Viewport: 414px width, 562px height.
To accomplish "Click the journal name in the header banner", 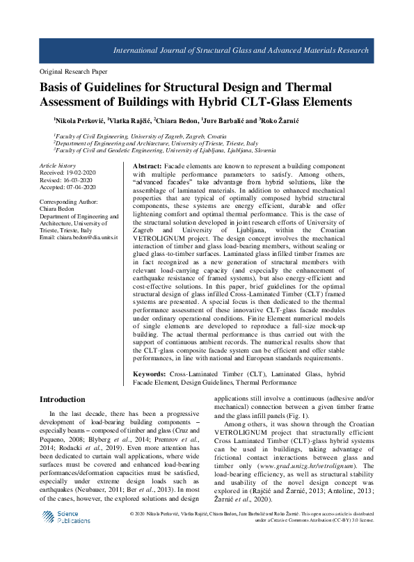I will coord(255,51).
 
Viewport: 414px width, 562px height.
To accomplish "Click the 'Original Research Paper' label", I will coord(73,72).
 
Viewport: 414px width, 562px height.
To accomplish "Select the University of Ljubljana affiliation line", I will coord(159,150).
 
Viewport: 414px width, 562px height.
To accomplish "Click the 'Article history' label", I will coord(58,166).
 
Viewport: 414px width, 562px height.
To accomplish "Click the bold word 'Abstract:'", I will coord(147,167).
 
